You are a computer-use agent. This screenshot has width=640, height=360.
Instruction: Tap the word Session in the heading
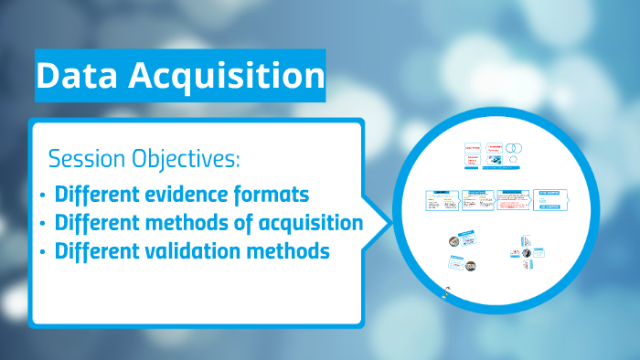85,159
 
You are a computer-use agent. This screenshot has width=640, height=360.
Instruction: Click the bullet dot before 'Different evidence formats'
43,196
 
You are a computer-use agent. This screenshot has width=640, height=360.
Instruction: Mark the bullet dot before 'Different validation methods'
43,250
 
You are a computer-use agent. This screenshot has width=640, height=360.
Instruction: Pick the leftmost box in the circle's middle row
442,200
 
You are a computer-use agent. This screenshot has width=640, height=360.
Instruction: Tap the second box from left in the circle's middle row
477,200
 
